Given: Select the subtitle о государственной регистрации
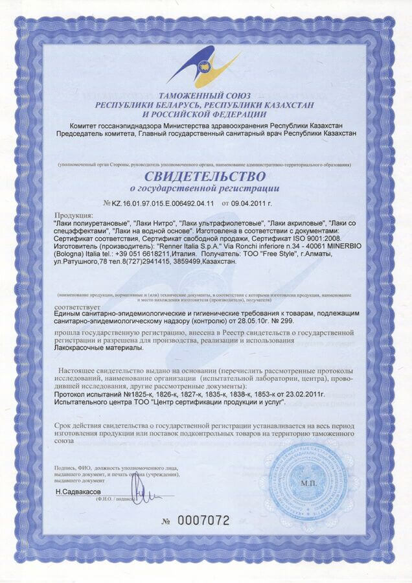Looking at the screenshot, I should (205, 189).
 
